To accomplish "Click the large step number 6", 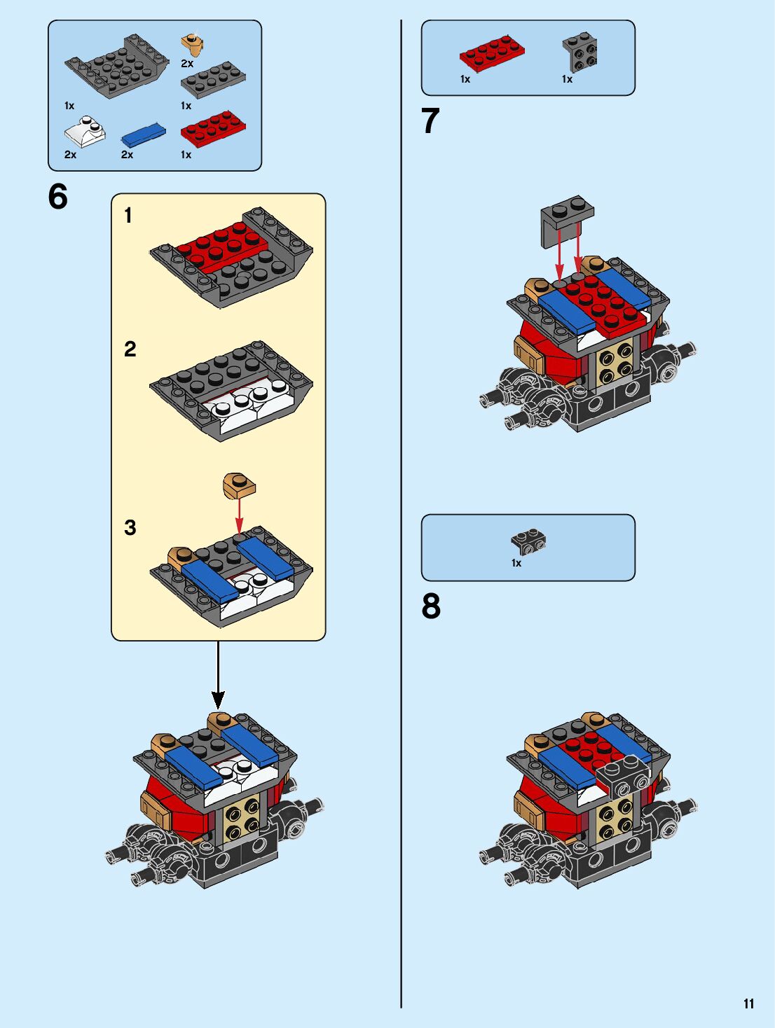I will (x=58, y=197).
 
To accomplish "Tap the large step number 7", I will (x=431, y=120).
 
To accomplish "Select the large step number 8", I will (x=431, y=606).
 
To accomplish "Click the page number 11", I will (x=748, y=1003).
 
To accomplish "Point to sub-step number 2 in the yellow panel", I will (x=130, y=349).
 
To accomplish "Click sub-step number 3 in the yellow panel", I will (x=130, y=527).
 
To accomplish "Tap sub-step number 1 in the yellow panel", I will (x=128, y=215).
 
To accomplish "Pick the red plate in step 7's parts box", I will (x=492, y=53).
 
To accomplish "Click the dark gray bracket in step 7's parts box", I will (x=579, y=53).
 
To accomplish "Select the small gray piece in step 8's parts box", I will (x=528, y=540).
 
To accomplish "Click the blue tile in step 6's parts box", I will (x=143, y=135).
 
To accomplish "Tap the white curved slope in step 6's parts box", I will (x=85, y=132).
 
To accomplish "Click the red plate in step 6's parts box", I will (x=213, y=128).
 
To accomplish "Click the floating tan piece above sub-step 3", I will (x=239, y=486).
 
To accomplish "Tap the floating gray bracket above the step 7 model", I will (x=566, y=220).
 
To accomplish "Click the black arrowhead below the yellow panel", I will (x=218, y=699).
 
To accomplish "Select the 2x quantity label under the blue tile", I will (x=127, y=154).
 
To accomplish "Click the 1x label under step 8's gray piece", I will (x=516, y=563).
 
